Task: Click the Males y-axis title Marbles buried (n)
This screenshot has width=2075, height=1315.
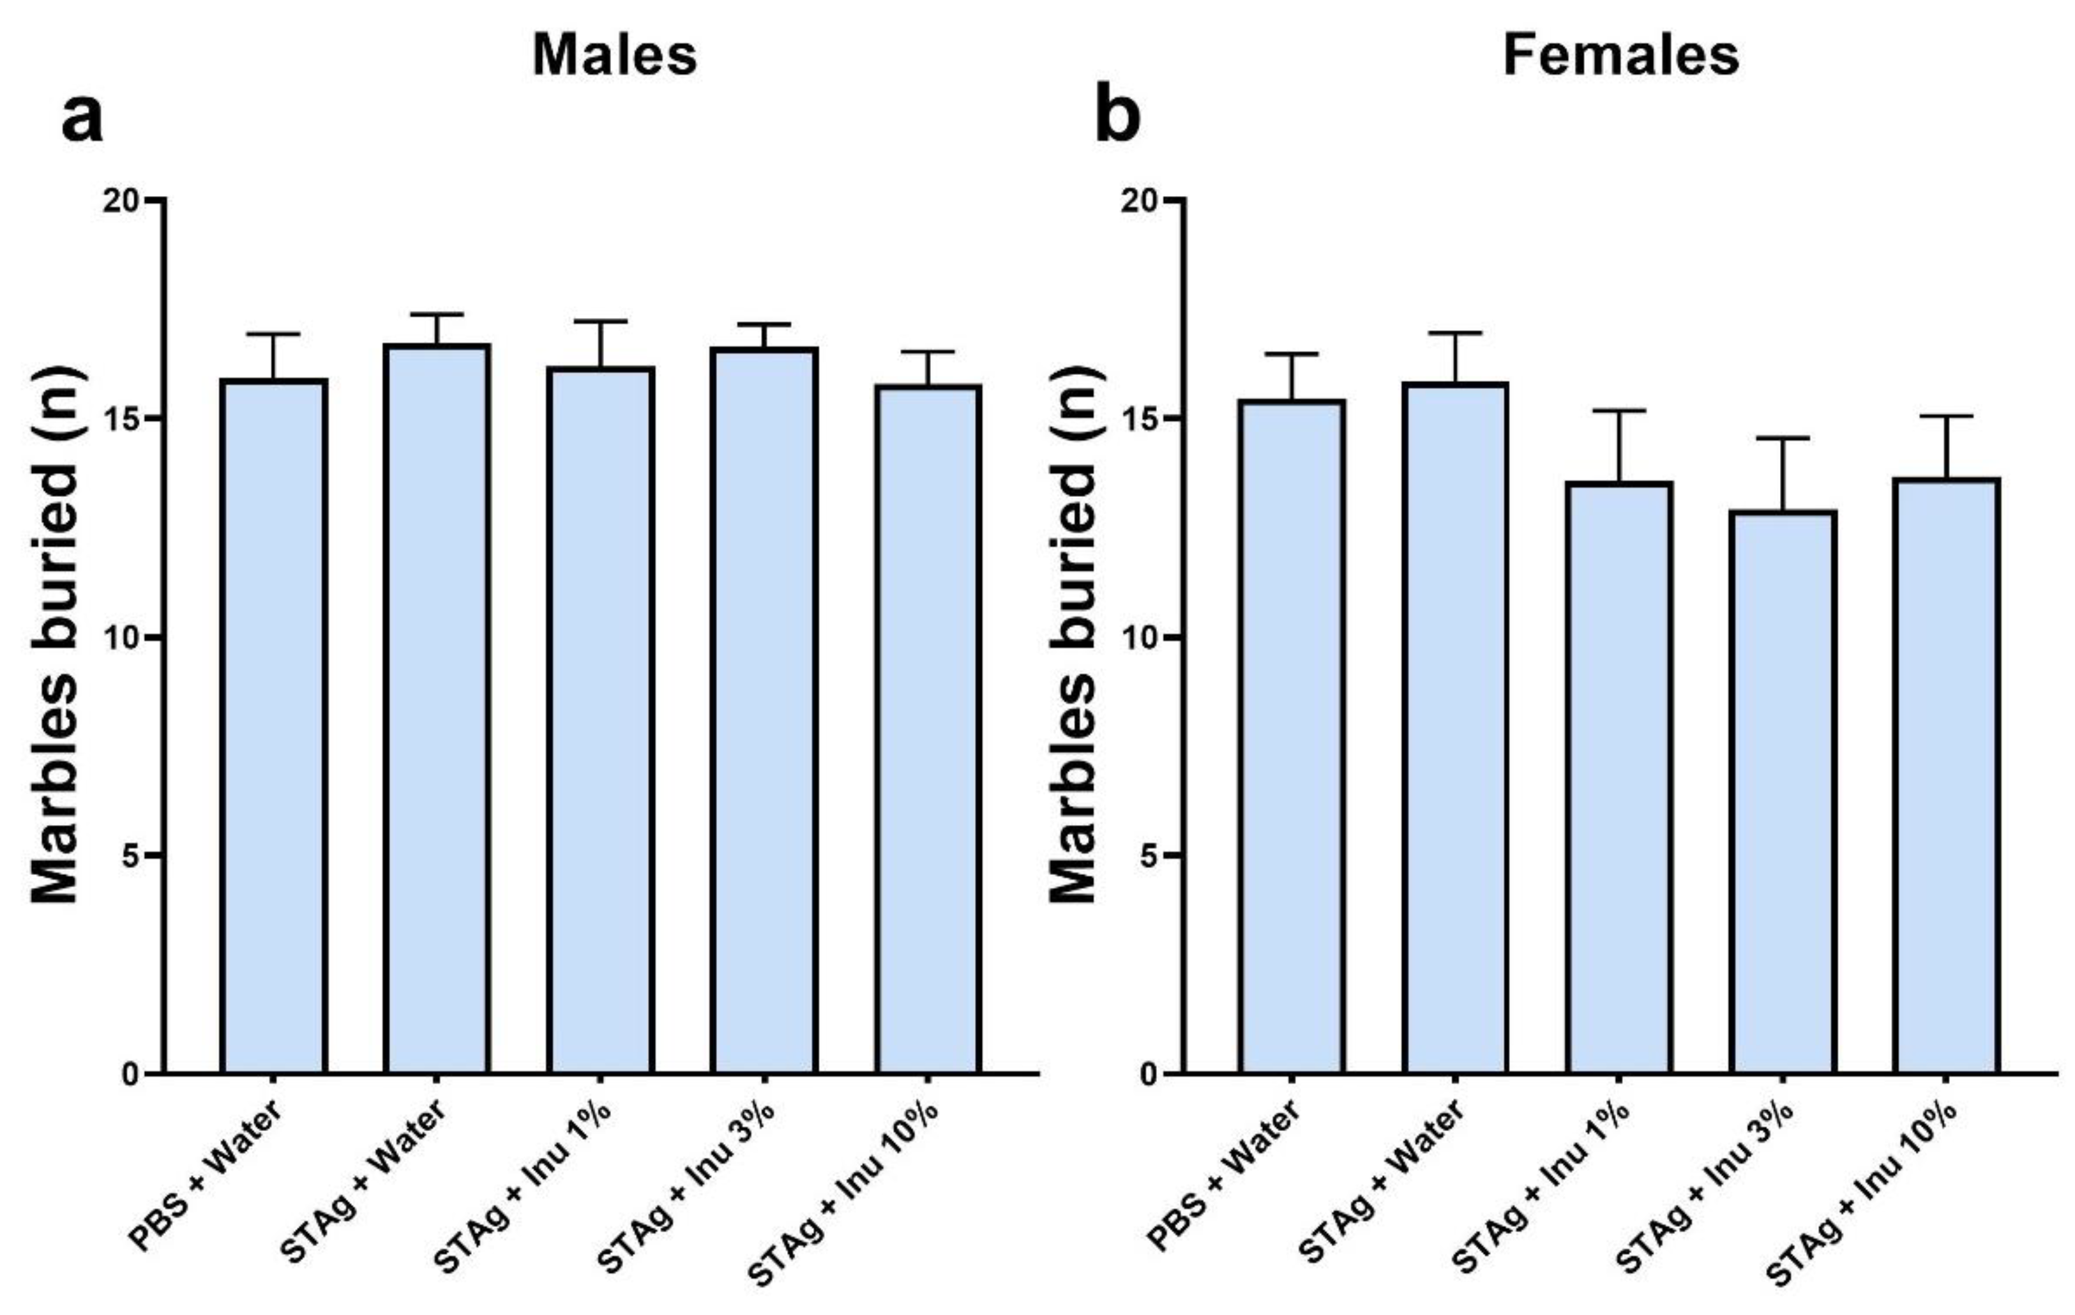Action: point(56,636)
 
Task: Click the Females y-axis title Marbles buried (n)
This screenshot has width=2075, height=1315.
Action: point(1074,636)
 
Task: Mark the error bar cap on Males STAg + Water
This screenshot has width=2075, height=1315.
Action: point(437,314)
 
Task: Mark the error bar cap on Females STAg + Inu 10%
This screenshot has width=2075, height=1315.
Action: point(1946,417)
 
